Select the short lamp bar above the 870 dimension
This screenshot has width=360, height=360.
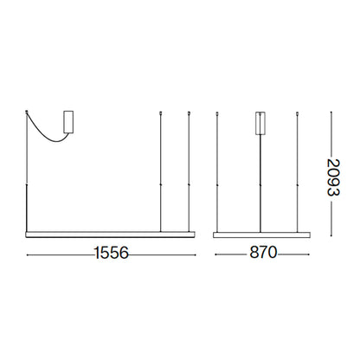point(260,232)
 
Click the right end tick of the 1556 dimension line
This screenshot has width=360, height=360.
point(194,254)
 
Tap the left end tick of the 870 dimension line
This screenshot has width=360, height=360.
point(214,254)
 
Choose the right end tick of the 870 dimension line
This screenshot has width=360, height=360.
point(308,254)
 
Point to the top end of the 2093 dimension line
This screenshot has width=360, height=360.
point(337,111)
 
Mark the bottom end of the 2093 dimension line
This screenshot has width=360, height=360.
point(337,233)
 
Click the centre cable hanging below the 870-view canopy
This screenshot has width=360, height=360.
point(260,182)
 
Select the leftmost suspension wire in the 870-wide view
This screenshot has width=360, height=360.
point(216,173)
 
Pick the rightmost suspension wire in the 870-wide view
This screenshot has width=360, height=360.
point(299,173)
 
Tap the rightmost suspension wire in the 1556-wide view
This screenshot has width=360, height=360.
point(188,173)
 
